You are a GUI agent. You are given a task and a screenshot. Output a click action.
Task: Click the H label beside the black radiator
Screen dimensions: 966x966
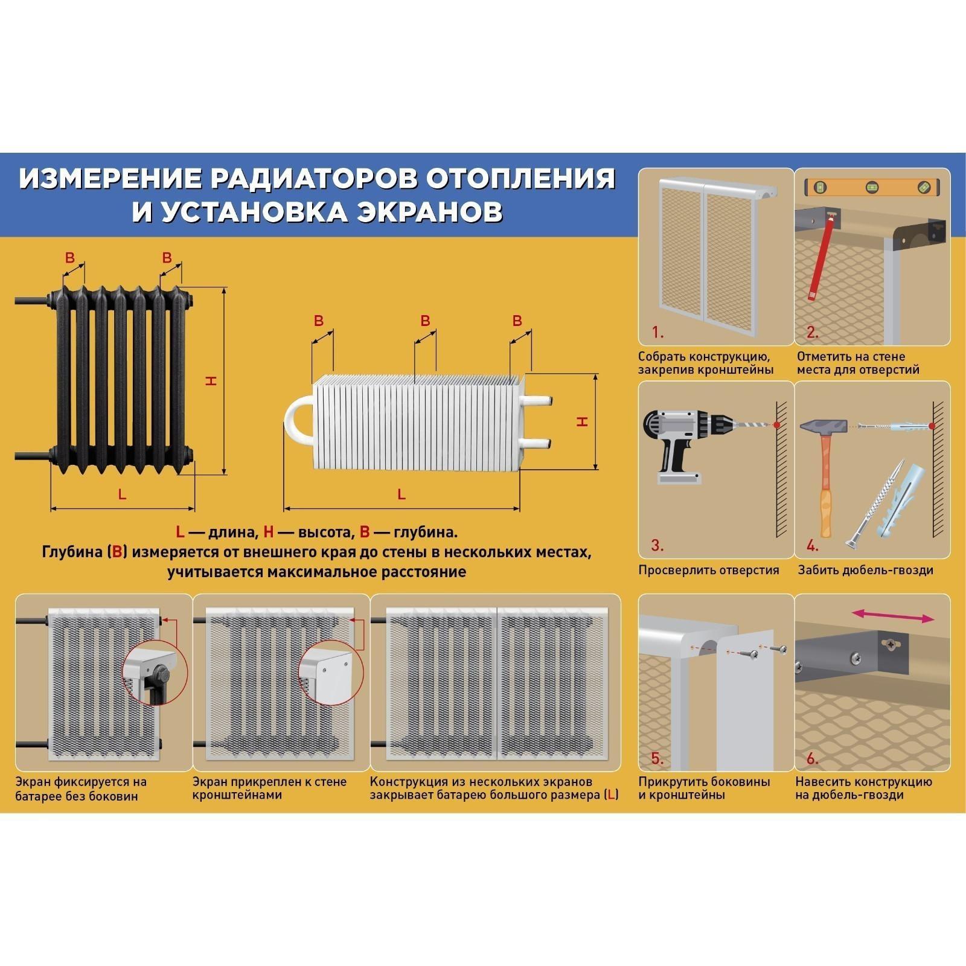point(212,380)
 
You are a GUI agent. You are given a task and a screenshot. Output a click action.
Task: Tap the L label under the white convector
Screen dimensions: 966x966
point(401,494)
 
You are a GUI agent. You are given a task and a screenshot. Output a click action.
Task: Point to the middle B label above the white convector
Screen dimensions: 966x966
point(425,321)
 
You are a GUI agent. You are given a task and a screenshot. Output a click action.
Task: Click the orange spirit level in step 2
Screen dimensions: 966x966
point(872,187)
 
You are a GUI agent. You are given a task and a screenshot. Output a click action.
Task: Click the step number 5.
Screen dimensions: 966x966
point(657,759)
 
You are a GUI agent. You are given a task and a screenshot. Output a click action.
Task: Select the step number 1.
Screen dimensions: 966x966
point(657,332)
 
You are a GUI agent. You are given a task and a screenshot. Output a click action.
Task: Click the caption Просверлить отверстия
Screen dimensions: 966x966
point(709,570)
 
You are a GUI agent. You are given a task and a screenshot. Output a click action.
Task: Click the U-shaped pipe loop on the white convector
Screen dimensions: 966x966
point(298,417)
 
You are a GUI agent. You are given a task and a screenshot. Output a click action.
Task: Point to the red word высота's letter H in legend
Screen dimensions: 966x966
point(269,532)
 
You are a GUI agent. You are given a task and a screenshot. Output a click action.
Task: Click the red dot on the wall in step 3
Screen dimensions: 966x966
point(776,425)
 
